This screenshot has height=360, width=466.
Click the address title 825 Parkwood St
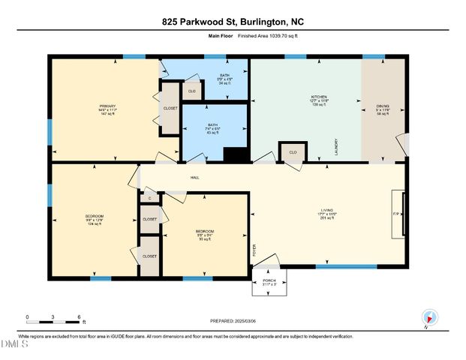233,22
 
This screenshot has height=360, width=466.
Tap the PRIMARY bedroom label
108,106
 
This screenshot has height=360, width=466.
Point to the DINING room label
383,106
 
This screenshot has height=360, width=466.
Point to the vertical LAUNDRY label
336,145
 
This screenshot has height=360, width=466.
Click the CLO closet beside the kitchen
293,152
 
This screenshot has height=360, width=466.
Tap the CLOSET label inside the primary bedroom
170,108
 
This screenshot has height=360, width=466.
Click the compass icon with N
428,318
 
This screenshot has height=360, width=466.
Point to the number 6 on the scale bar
79,316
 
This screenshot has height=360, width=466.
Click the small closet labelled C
149,199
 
